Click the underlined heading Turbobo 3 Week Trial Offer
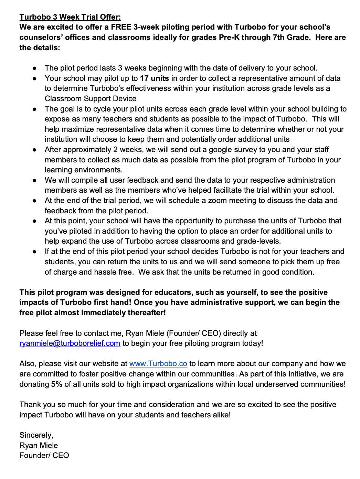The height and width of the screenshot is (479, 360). coord(70,17)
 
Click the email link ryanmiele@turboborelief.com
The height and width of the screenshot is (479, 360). coord(70,343)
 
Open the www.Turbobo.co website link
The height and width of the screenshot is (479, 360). coord(158,364)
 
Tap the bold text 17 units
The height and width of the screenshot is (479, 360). coord(154,78)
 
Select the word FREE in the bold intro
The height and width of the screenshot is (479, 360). coord(121,27)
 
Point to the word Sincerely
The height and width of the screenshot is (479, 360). coord(36,435)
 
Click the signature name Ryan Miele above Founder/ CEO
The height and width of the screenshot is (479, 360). coord(39,445)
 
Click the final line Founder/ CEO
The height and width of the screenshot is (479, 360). coord(44,456)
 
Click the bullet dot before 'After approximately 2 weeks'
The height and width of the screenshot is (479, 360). coord(34,150)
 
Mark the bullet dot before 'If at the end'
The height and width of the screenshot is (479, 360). coord(34,252)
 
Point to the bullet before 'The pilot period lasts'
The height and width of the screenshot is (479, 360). coord(34,68)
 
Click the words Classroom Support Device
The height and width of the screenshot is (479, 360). coord(91,99)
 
